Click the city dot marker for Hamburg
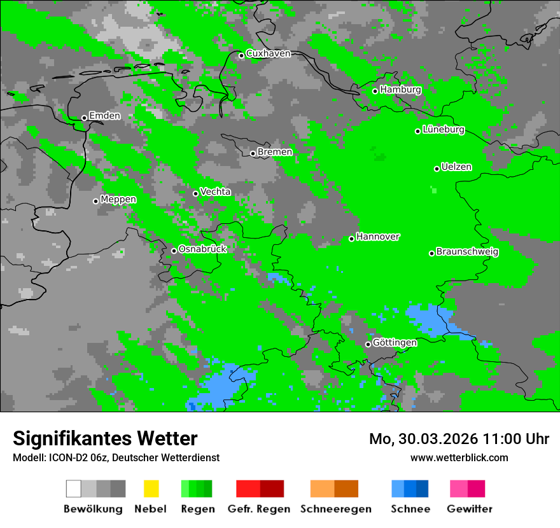[x=375, y=91]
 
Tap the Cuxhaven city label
[x=268, y=53]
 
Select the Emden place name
[x=104, y=116]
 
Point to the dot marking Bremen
[x=253, y=153]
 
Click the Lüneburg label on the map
[x=444, y=130]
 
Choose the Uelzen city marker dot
[x=437, y=169]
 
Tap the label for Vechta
[x=215, y=191]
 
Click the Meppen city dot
[x=95, y=201]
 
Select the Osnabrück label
[x=202, y=249]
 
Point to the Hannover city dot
[x=351, y=239]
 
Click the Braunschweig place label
[x=467, y=252]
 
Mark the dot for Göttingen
[x=368, y=344]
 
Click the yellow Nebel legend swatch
[x=151, y=489]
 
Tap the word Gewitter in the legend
[x=470, y=509]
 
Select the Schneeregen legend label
[x=336, y=509]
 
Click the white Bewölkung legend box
[x=74, y=489]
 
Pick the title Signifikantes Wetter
[x=105, y=439]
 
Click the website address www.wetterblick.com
[x=459, y=458]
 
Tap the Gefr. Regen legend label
[x=259, y=509]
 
